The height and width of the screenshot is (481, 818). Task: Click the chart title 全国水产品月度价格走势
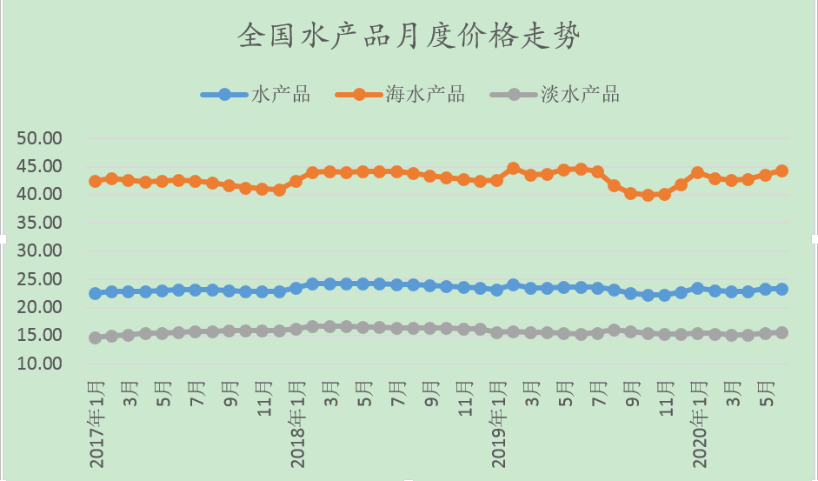click(409, 37)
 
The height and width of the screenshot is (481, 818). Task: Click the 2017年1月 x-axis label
click(96, 422)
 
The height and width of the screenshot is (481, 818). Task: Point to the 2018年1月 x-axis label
click(296, 422)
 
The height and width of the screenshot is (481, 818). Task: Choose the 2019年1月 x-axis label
click(497, 422)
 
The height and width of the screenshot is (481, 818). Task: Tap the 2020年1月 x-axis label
click(698, 422)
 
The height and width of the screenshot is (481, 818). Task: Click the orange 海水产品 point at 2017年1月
click(95, 181)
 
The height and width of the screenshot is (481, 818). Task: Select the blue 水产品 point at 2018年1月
click(296, 288)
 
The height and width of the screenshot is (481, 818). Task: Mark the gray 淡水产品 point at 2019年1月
click(496, 332)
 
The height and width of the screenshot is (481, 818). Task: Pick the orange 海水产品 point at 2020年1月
click(697, 173)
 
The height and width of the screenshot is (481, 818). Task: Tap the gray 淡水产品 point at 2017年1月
click(95, 337)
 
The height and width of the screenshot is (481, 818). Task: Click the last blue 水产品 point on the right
click(781, 289)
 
